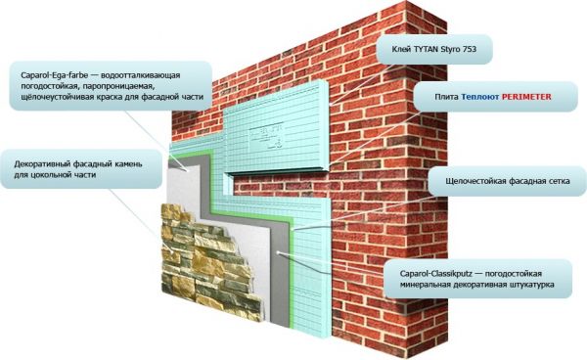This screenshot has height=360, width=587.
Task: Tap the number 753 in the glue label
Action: [x=469, y=49]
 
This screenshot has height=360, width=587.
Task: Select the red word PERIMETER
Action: [x=526, y=97]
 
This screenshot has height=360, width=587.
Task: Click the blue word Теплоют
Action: [x=480, y=97]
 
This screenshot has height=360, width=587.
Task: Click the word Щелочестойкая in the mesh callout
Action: [x=474, y=181]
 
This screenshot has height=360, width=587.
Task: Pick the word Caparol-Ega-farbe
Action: [x=54, y=75]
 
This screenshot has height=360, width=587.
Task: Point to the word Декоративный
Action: [x=42, y=164]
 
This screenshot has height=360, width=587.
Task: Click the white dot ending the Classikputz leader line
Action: [x=278, y=252]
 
